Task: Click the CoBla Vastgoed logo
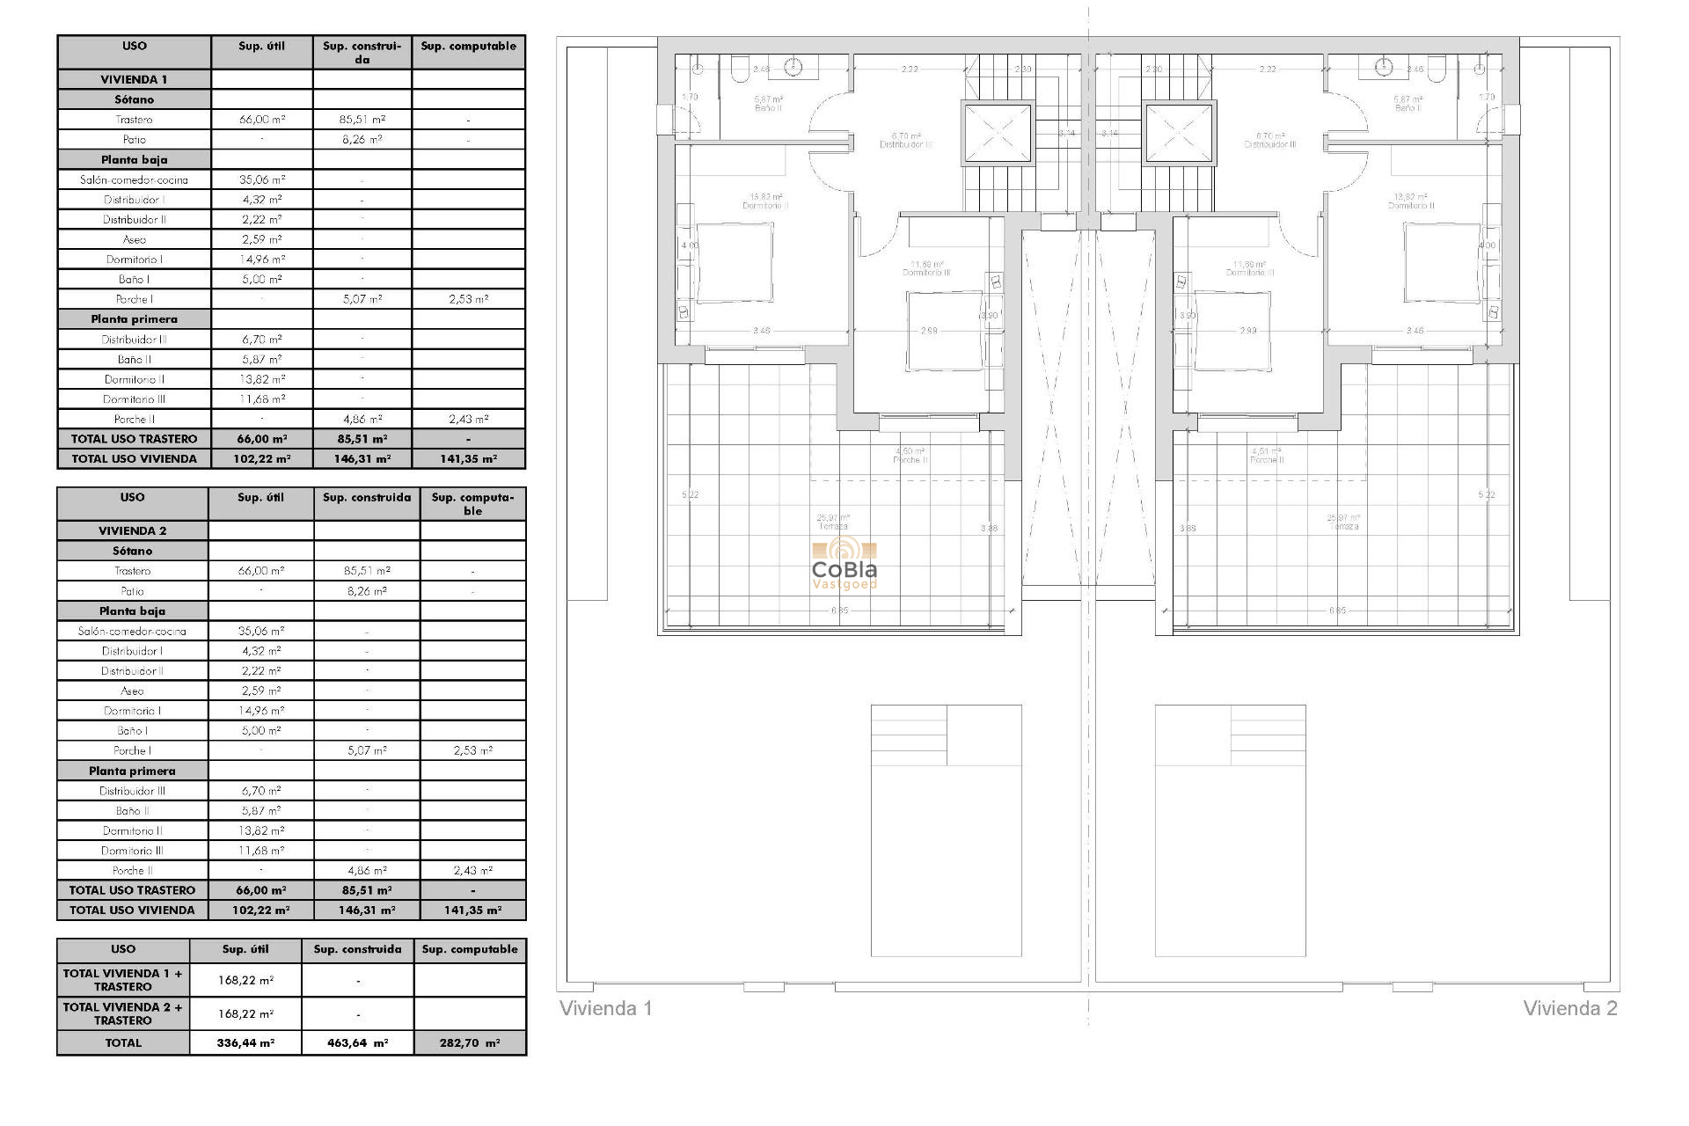pyautogui.click(x=844, y=563)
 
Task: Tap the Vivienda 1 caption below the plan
pyautogui.click(x=606, y=1008)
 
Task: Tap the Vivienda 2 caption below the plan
pyautogui.click(x=1569, y=1008)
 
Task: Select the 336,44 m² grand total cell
pyautogui.click(x=245, y=1042)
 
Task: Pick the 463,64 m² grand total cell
pyautogui.click(x=357, y=1042)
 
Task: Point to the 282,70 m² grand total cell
pyautogui.click(x=470, y=1042)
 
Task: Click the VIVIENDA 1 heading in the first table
pyautogui.click(x=134, y=79)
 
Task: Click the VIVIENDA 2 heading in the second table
pyautogui.click(x=132, y=530)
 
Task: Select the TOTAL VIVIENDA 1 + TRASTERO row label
pyautogui.click(x=123, y=980)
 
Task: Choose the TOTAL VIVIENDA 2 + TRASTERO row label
pyautogui.click(x=123, y=1013)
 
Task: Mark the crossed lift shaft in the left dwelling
pyautogui.click(x=998, y=134)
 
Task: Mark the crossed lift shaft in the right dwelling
pyautogui.click(x=1180, y=134)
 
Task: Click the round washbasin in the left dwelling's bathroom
pyautogui.click(x=795, y=67)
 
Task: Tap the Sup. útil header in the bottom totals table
pyautogui.click(x=245, y=949)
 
